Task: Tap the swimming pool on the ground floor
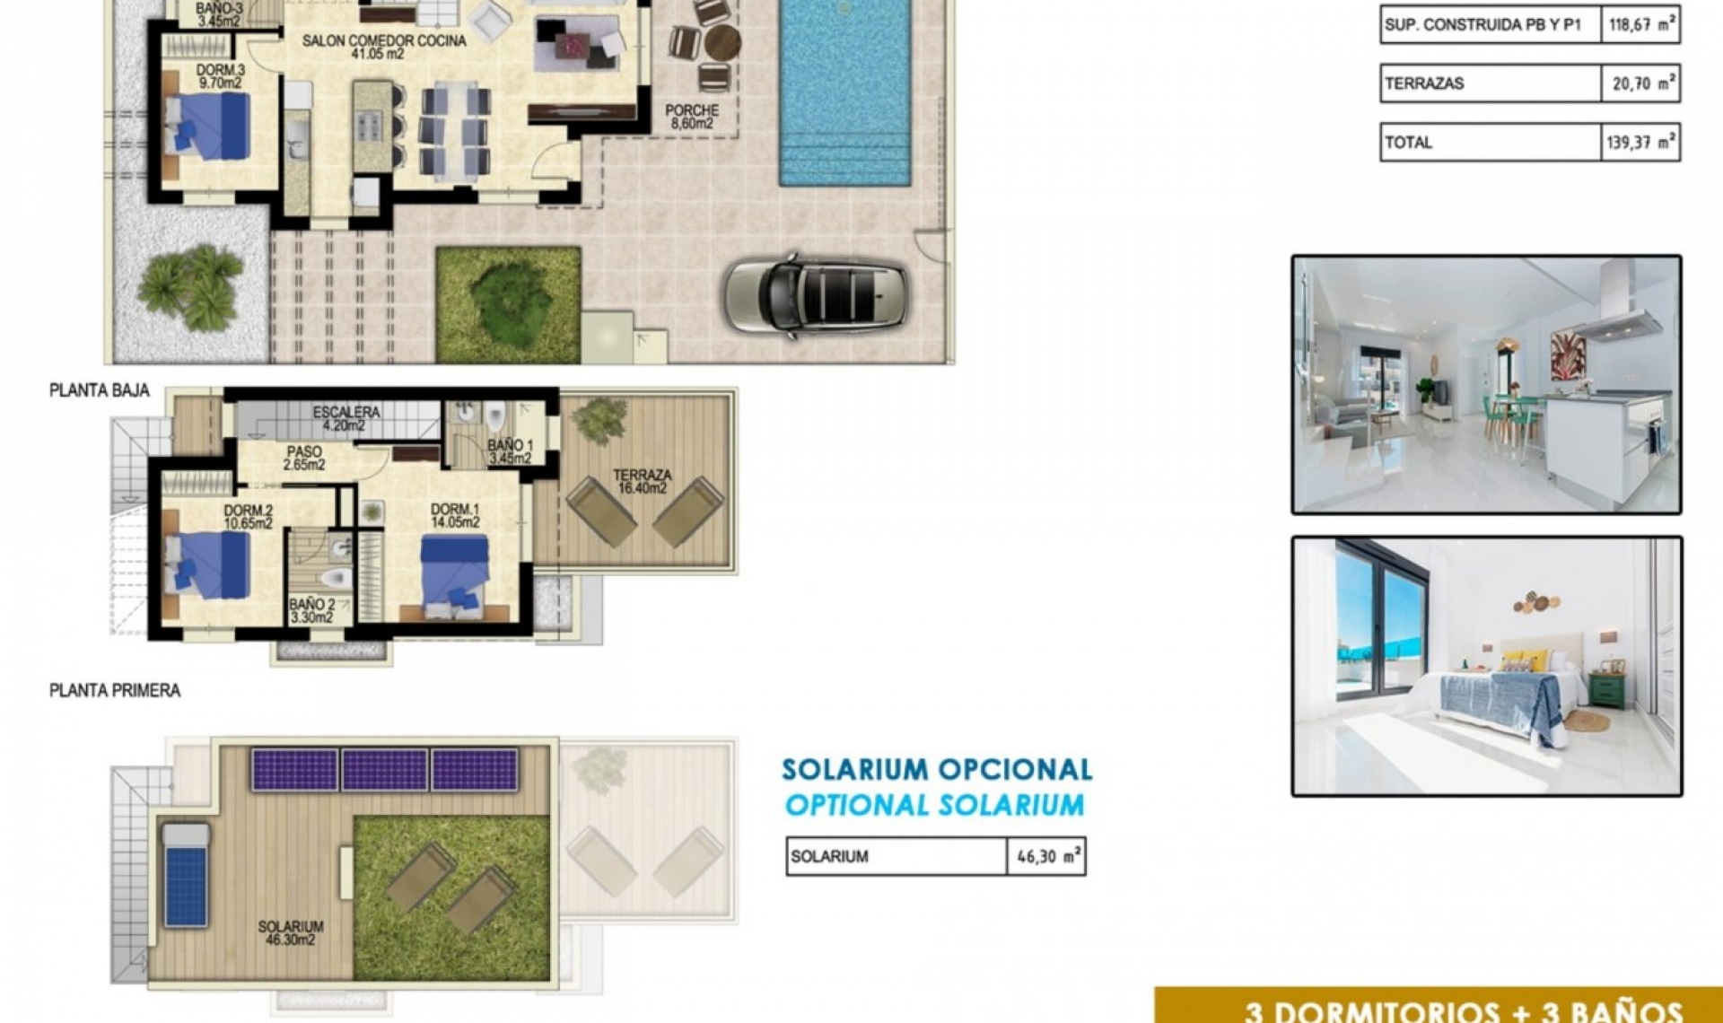click(x=845, y=90)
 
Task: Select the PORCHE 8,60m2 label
click(x=692, y=117)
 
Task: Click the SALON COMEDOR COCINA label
click(x=384, y=47)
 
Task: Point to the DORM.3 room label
click(x=220, y=75)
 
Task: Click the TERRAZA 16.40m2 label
click(x=642, y=481)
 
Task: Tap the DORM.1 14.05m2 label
click(x=455, y=515)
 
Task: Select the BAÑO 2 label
click(x=311, y=610)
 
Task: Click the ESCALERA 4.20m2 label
click(x=346, y=418)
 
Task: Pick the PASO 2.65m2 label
click(x=304, y=458)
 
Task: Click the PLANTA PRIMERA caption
click(x=115, y=690)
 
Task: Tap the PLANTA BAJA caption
click(x=100, y=390)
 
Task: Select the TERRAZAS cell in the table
click(x=1490, y=83)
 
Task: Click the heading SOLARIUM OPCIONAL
click(x=937, y=770)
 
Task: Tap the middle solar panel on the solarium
click(x=384, y=770)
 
